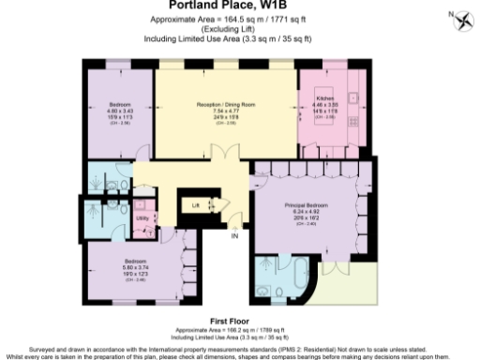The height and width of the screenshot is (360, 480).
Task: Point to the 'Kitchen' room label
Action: [324, 97]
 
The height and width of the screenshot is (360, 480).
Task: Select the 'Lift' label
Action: [195, 203]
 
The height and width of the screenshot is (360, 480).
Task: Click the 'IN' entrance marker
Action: [235, 235]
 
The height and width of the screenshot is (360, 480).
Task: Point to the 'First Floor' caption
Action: [239, 319]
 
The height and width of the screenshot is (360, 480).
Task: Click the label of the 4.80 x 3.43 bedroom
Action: [120, 104]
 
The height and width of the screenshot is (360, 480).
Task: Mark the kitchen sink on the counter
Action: [353, 97]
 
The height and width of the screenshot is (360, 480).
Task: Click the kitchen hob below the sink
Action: [353, 119]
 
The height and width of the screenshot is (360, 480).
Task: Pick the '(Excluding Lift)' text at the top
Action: [239, 31]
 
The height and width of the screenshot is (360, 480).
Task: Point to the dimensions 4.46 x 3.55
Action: [324, 104]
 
